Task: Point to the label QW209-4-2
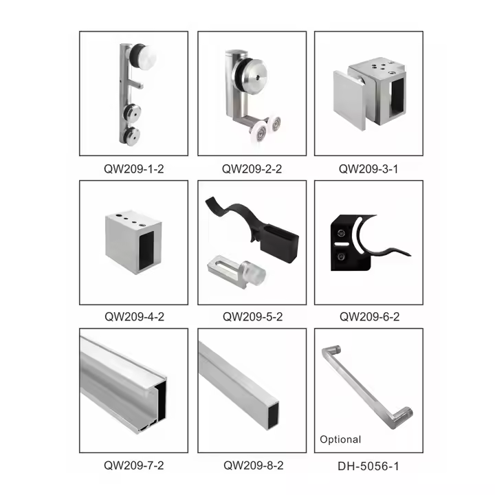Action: coord(133,317)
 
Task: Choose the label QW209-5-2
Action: coord(252,317)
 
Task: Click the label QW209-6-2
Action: coord(368,317)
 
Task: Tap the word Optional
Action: coord(340,439)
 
